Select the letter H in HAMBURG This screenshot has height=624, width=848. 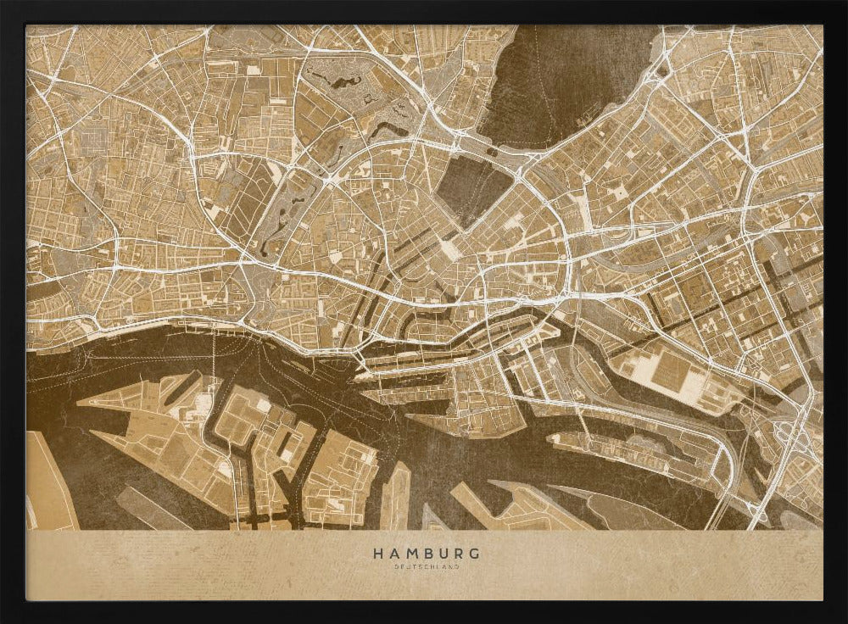point(377,554)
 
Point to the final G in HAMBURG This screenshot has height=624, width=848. point(473,554)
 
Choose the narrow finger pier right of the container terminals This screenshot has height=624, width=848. point(396,496)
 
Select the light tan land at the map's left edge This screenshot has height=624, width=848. point(47,483)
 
